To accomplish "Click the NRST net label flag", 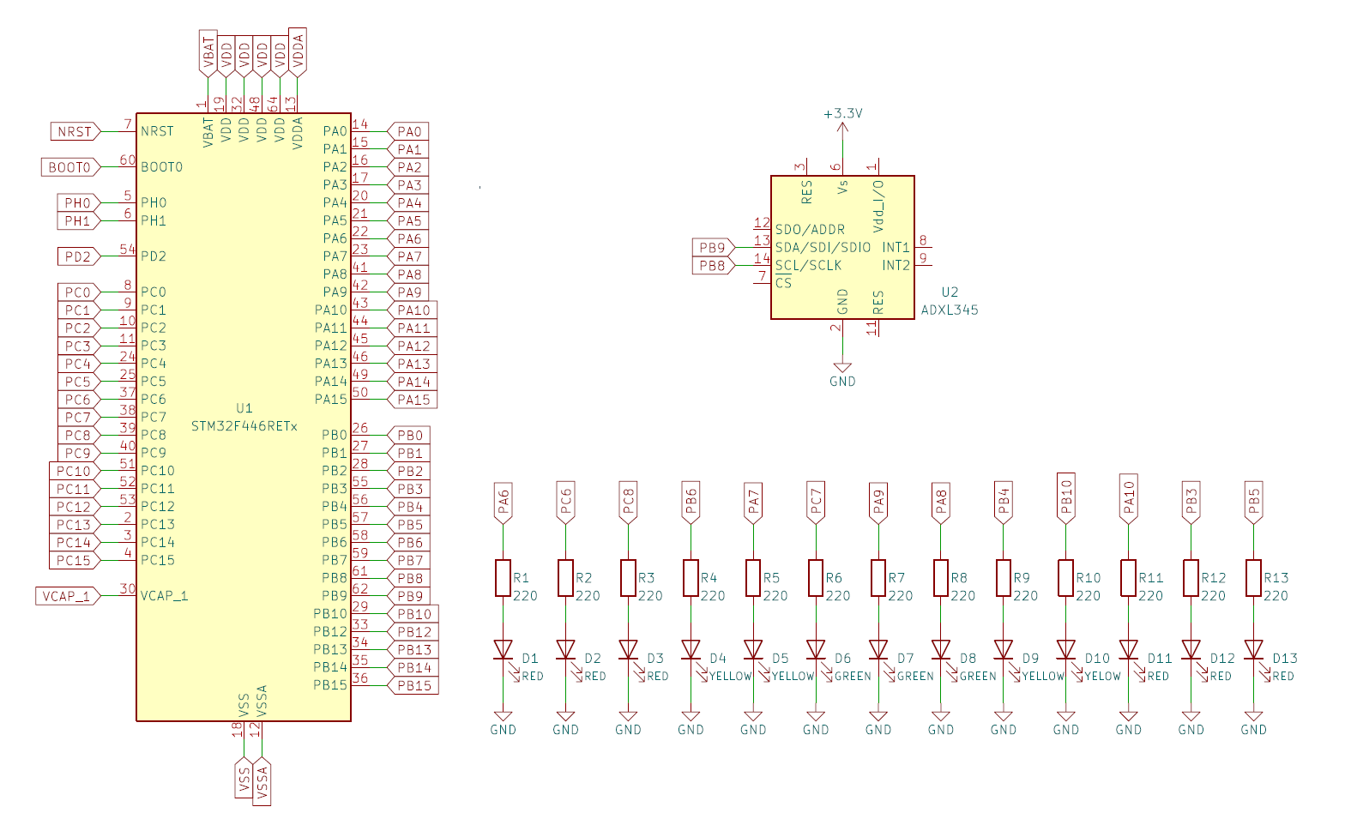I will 75,131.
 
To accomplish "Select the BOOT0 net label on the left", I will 69,167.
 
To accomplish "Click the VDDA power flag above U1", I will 298,51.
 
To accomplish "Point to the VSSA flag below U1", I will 262,780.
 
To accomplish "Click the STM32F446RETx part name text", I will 244,426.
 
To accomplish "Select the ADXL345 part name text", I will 950,310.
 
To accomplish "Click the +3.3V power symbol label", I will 842,113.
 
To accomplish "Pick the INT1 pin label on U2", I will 896,247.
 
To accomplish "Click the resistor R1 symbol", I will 503,578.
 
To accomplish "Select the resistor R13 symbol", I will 1253,578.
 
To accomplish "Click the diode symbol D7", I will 878,649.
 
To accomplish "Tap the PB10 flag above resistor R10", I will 1066,496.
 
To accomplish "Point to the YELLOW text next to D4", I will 730,677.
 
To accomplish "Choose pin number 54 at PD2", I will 127,250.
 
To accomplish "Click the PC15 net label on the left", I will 74,561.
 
